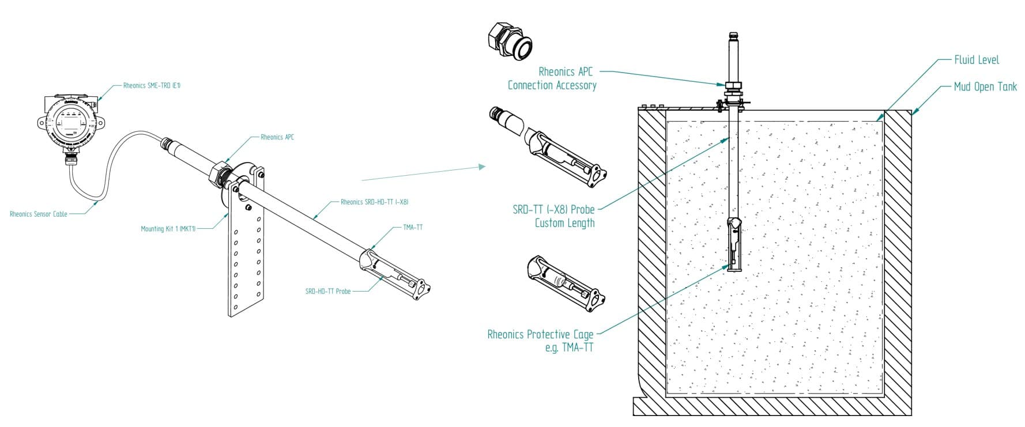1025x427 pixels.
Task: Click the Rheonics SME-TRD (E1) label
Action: point(152,85)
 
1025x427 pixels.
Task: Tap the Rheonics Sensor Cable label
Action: point(39,214)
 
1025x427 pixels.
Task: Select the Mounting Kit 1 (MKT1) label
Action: point(168,229)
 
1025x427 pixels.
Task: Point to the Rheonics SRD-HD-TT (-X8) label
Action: point(374,202)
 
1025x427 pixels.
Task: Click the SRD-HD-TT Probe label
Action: point(327,291)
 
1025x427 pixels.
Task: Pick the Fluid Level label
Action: point(976,60)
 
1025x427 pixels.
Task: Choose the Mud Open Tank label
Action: point(985,87)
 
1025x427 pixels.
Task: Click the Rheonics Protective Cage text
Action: point(540,334)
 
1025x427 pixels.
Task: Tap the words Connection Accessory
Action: point(552,85)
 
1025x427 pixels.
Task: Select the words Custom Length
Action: point(564,223)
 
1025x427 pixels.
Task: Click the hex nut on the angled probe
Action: point(220,172)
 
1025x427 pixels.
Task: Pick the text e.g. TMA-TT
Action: point(569,347)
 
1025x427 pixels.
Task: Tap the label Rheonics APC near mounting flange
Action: point(277,137)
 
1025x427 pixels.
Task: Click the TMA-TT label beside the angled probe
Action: point(412,227)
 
